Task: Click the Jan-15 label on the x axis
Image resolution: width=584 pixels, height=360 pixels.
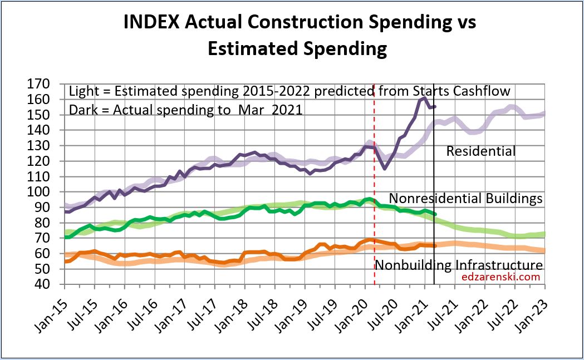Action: point(53,306)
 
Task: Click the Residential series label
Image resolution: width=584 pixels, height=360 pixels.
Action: point(480,151)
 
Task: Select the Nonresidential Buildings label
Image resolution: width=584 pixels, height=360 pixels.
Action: point(465,199)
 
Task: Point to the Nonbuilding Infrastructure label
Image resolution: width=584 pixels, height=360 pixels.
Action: point(458,265)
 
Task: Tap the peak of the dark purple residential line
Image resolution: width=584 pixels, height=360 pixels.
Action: point(424,98)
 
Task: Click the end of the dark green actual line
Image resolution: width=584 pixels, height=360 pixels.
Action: point(435,214)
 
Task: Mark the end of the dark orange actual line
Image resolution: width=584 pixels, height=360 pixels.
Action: point(435,245)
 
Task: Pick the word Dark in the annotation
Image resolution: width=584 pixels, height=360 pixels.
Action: point(81,110)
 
